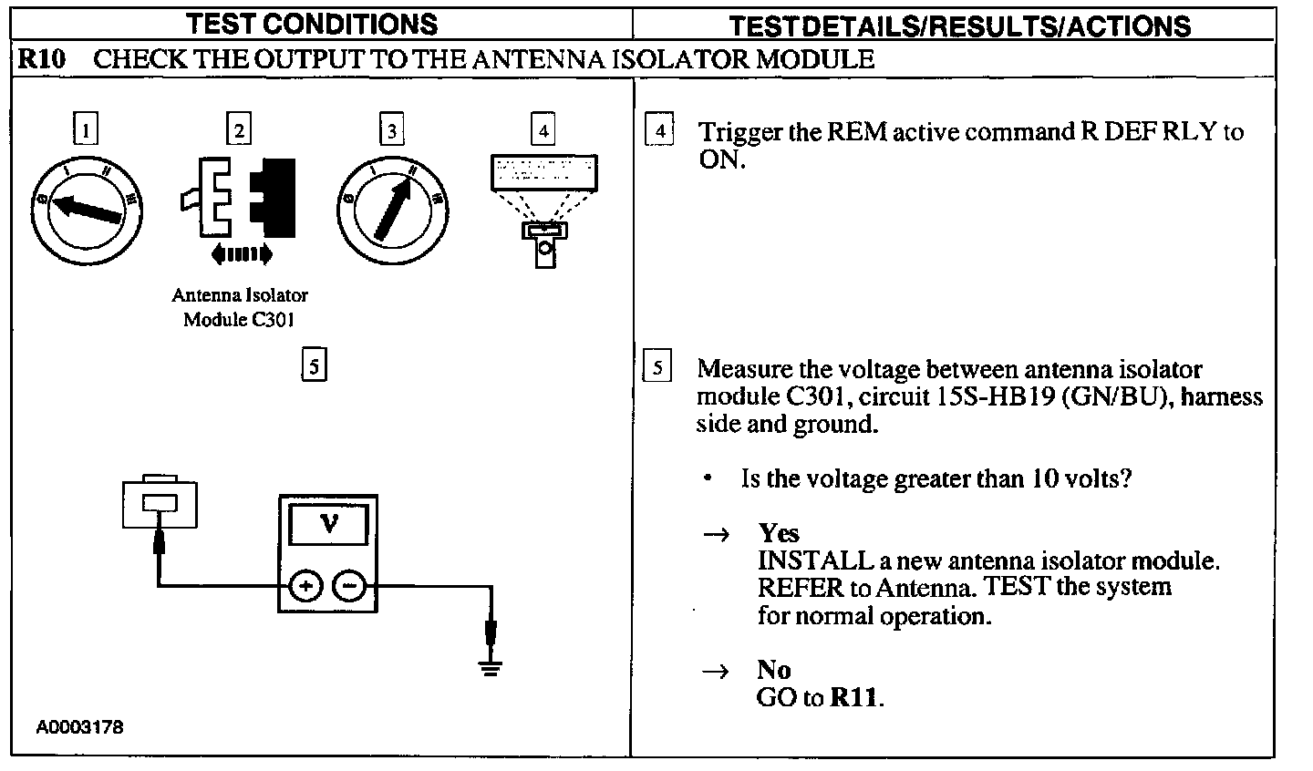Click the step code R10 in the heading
pos(42,60)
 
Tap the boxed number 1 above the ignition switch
pos(86,129)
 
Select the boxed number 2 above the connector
pos(239,129)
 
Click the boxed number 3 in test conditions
pos(391,129)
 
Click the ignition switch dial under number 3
pos(392,206)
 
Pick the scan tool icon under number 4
pos(544,205)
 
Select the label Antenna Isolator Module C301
pos(240,307)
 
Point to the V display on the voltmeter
pos(328,525)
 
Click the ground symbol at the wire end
pos(491,669)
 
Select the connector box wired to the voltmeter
pos(160,502)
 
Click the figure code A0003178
pos(80,727)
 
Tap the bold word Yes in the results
pos(779,533)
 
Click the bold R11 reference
pos(854,698)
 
